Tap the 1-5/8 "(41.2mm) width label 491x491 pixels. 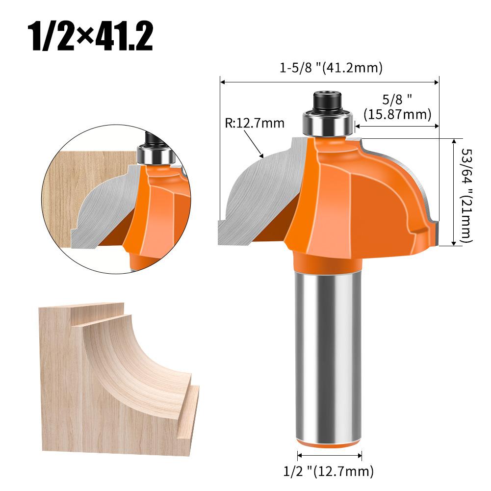[x=331, y=68]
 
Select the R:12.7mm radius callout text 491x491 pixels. [x=255, y=123]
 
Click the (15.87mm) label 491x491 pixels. [x=397, y=114]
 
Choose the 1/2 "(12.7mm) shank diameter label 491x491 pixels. [x=329, y=472]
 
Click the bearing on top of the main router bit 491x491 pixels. [x=328, y=123]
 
